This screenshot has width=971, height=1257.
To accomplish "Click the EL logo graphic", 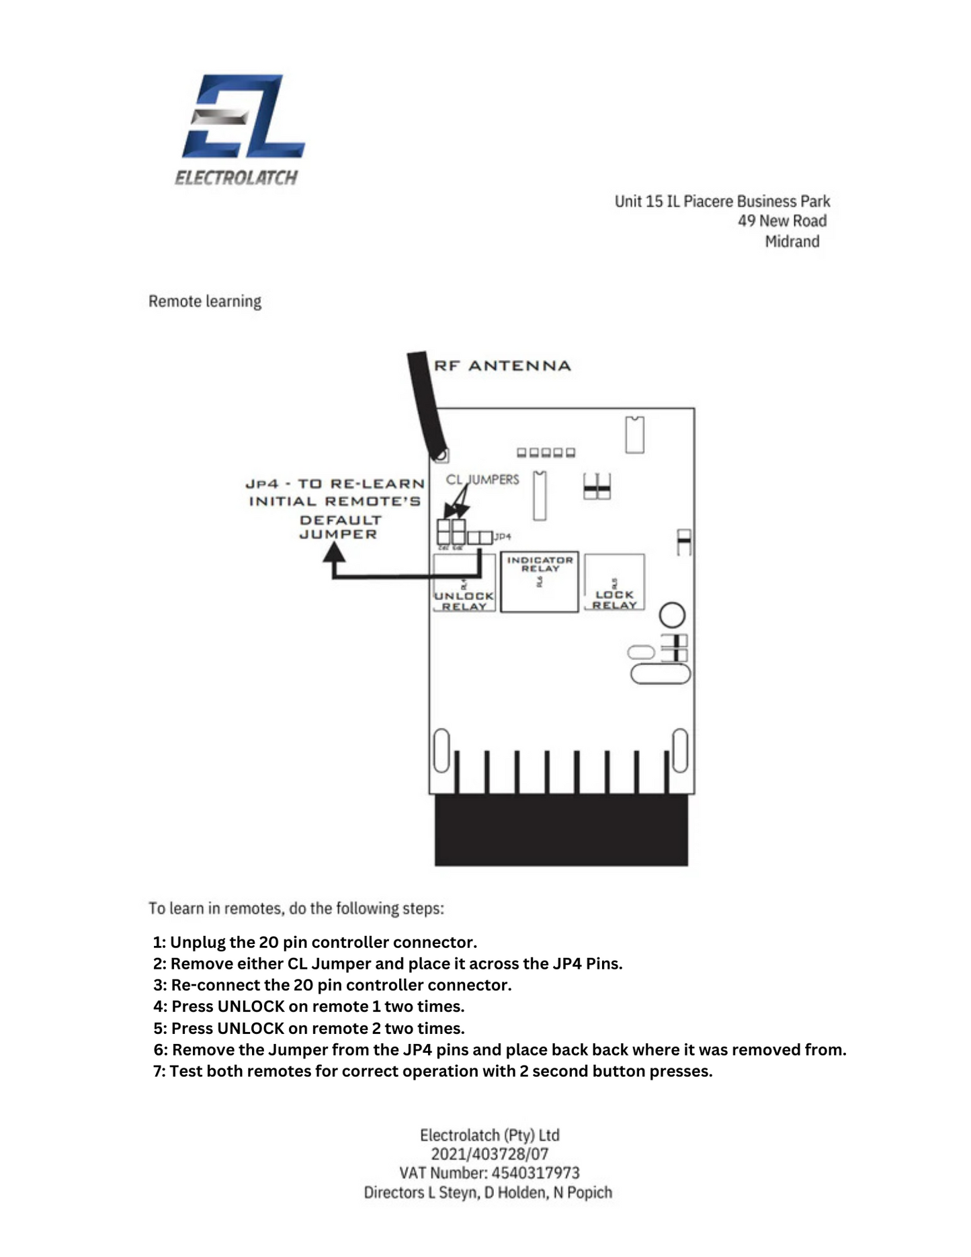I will [x=243, y=117].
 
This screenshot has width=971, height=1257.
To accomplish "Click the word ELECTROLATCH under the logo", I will [x=236, y=178].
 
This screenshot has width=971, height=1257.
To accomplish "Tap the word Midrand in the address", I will [x=792, y=241].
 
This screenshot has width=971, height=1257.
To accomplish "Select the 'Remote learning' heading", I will [x=205, y=301].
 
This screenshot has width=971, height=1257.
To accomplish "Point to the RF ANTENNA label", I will [x=502, y=366].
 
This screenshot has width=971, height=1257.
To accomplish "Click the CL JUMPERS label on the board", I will [x=482, y=480].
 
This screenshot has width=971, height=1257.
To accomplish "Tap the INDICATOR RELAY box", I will [x=540, y=582].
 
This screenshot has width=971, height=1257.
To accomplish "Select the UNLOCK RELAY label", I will [x=464, y=601].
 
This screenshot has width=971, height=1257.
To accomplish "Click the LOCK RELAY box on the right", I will [x=614, y=582].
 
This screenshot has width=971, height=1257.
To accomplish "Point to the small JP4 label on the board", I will [x=503, y=537].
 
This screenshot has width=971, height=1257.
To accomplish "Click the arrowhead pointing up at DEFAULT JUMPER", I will [x=334, y=553].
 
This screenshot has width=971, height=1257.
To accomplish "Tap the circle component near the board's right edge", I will [x=672, y=615].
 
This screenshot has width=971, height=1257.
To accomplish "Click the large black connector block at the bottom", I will [x=561, y=830].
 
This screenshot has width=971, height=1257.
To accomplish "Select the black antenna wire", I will [x=427, y=403].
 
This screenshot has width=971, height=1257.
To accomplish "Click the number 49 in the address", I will [x=747, y=221].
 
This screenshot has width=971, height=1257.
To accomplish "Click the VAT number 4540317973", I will [x=535, y=1173].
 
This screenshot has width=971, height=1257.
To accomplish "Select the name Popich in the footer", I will [x=589, y=1193].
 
